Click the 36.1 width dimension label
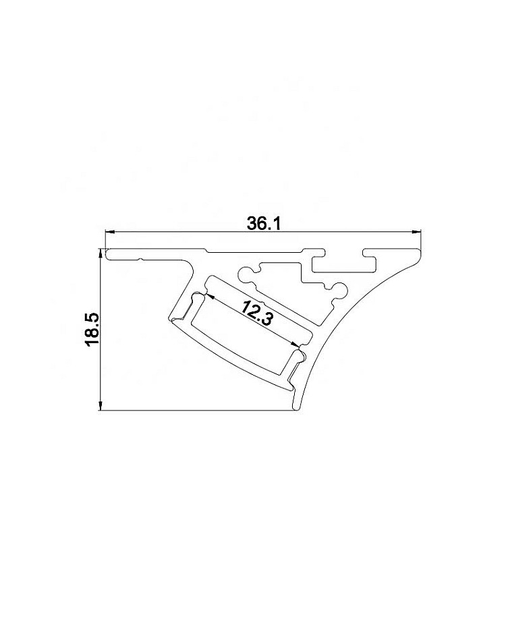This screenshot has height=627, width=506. click(264, 224)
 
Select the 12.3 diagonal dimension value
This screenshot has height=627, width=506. click(257, 313)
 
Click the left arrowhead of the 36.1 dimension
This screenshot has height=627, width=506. click(109, 231)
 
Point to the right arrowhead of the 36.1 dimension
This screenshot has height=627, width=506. click(417, 231)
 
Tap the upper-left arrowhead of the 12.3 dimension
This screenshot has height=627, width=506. click(210, 296)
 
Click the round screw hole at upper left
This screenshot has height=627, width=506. click(244, 274)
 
